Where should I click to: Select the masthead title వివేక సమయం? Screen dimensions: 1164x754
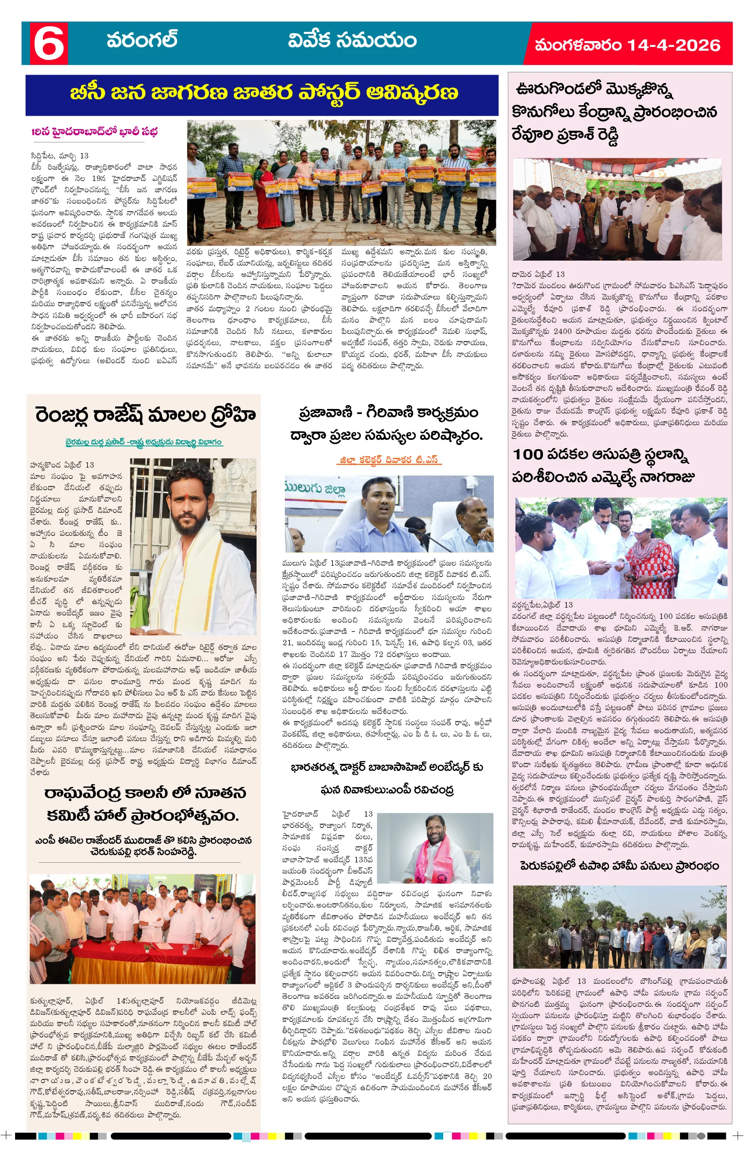click(351, 40)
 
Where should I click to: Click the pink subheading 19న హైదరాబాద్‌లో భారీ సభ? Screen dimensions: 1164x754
click(94, 132)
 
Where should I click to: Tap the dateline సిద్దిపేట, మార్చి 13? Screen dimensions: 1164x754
click(59, 155)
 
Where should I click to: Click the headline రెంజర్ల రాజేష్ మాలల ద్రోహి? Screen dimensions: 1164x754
click(145, 415)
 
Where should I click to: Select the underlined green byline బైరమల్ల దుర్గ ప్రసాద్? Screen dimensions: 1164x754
click(143, 442)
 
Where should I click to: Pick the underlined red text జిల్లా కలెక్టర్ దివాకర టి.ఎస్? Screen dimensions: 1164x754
click(389, 459)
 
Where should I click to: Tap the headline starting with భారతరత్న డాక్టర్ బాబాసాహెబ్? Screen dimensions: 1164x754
click(386, 767)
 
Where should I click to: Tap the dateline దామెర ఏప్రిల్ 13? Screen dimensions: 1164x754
click(538, 274)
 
